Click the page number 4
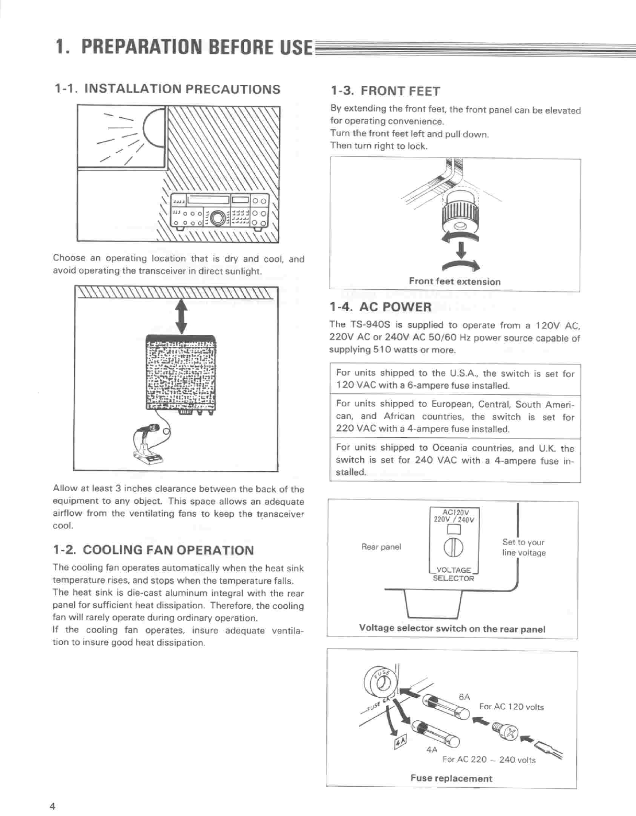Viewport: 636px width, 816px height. click(52, 806)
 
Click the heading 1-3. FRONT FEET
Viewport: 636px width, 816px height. click(385, 91)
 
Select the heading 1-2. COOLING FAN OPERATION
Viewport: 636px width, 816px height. click(153, 550)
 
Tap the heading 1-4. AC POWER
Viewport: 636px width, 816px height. click(380, 307)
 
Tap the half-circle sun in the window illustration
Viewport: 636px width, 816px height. click(155, 127)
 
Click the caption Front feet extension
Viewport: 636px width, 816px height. click(455, 281)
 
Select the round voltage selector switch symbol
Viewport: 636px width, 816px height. click(453, 548)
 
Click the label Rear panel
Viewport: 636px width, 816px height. click(381, 547)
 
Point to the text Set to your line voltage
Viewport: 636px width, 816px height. click(524, 548)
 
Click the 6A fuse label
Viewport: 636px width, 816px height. click(464, 697)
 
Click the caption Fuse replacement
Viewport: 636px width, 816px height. click(451, 778)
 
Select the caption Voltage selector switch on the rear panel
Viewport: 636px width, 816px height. click(452, 629)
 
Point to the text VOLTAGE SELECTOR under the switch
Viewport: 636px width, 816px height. click(453, 574)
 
